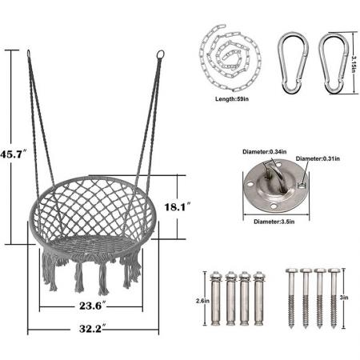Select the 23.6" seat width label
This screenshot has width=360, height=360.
tap(94, 304)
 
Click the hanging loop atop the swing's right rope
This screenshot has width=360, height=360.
tap(160, 56)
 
